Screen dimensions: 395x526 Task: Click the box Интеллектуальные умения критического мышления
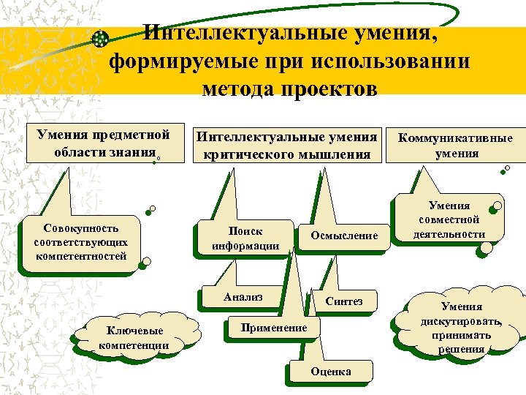[x=286, y=145]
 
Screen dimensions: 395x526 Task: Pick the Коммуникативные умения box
[x=457, y=145]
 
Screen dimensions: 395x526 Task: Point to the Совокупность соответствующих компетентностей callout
[x=80, y=242]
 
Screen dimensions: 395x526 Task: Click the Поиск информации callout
[x=245, y=238]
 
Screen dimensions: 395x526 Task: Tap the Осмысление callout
[x=344, y=236]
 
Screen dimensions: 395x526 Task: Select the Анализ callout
[x=243, y=297]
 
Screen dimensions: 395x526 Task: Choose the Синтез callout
[x=343, y=301]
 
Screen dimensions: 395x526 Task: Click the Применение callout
[x=273, y=328]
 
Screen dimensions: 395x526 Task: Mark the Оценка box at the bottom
[x=331, y=372]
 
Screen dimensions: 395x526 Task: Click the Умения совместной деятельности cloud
[x=449, y=220]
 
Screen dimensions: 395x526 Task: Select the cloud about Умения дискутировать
[x=462, y=328]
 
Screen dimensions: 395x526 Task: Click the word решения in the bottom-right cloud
[x=462, y=349]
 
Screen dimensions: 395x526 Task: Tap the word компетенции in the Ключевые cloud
[x=134, y=345]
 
